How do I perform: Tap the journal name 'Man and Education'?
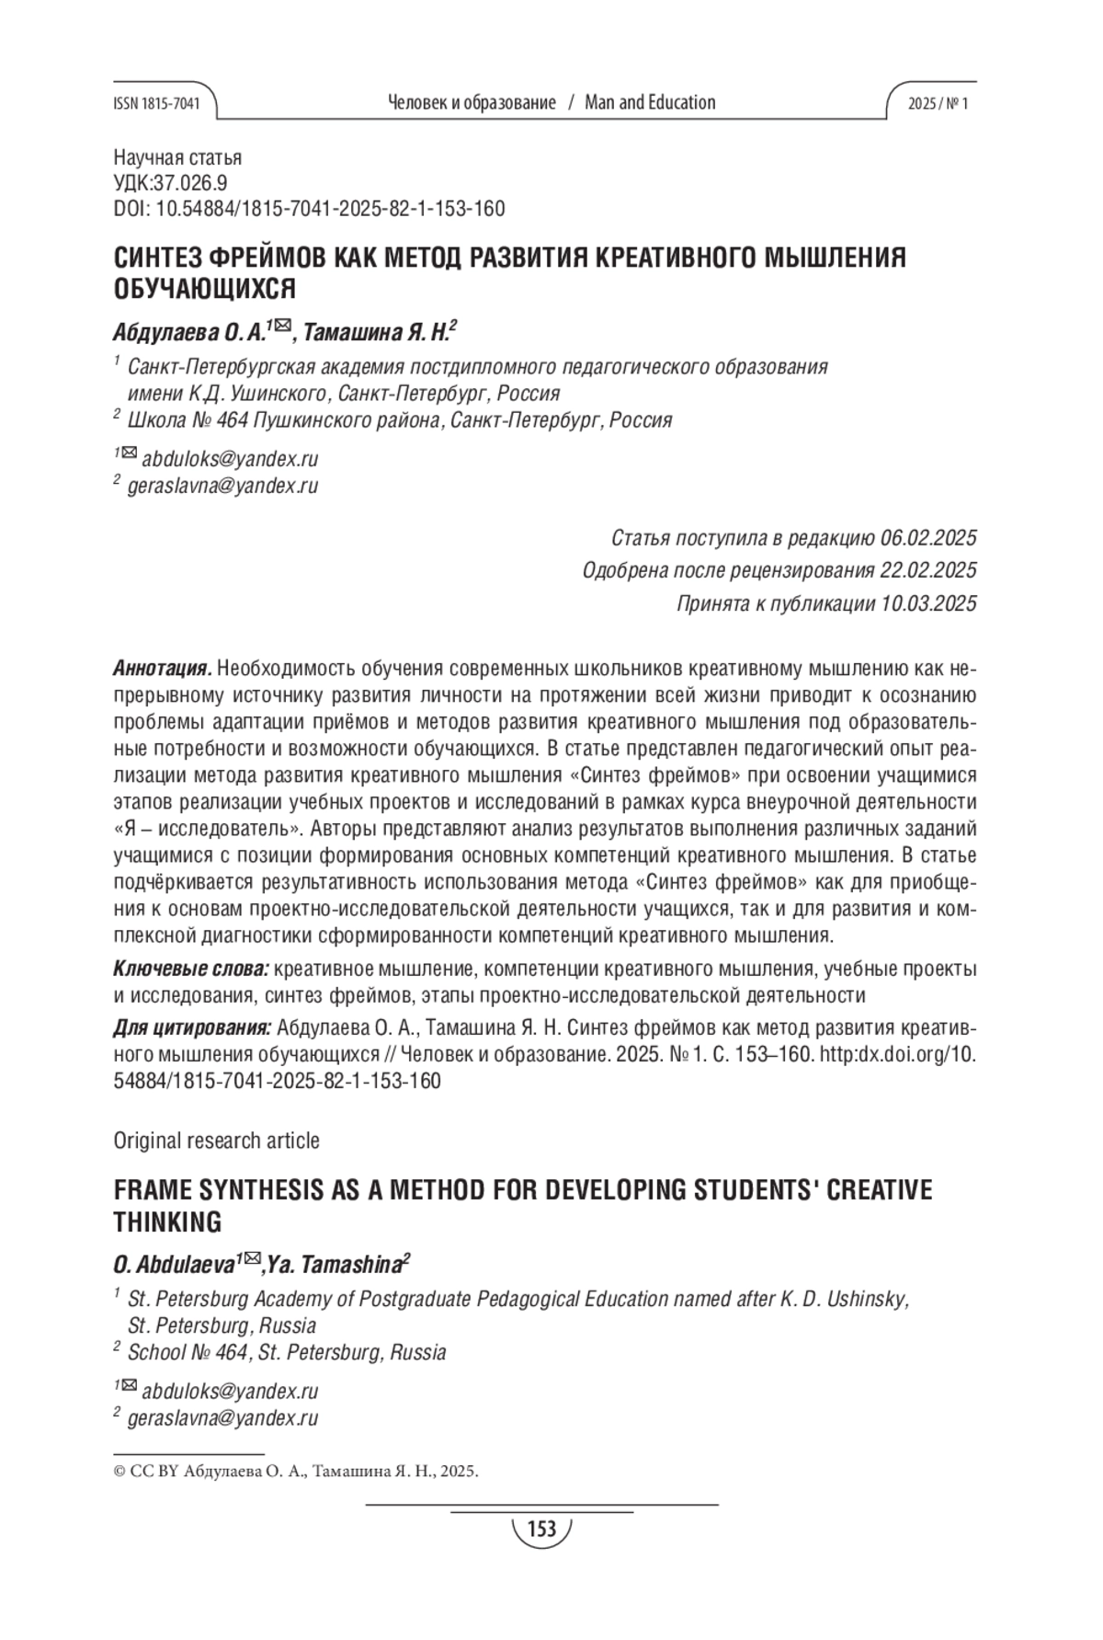point(650,103)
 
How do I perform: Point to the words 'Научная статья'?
point(177,158)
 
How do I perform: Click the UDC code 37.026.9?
point(193,183)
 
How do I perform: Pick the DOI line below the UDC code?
point(309,209)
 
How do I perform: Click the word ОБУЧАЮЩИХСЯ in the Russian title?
point(204,289)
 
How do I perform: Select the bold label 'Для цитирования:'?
point(192,1027)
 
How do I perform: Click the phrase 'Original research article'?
point(216,1141)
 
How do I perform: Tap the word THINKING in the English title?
point(167,1222)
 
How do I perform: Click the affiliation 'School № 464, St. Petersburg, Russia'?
point(287,1352)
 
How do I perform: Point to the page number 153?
point(541,1529)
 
